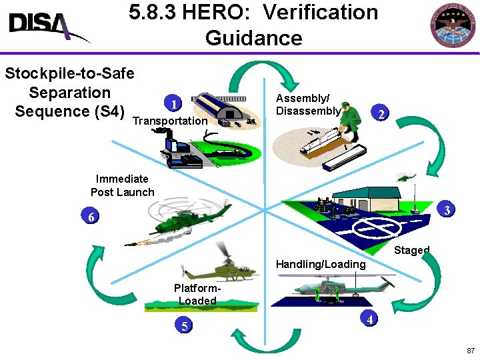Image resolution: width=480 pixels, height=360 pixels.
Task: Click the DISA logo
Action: point(47,27)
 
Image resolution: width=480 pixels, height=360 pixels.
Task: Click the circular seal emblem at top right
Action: point(455,27)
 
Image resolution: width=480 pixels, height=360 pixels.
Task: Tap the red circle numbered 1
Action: point(173,103)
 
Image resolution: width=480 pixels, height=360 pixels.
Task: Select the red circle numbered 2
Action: point(380,115)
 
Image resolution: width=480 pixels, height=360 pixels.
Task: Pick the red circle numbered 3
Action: point(447,211)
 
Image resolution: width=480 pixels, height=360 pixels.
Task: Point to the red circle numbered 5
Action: point(184,326)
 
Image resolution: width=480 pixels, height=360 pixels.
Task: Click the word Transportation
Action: point(170,121)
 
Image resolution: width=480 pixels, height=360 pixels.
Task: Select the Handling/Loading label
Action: point(321,265)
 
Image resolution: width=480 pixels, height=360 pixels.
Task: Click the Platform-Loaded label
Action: point(197,295)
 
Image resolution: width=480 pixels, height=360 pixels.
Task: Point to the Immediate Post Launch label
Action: point(122,185)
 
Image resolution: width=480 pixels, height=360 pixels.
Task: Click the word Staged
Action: point(411,251)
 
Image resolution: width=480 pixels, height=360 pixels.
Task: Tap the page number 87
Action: point(471,351)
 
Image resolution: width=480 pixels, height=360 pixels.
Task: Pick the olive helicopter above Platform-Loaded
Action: point(220,267)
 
